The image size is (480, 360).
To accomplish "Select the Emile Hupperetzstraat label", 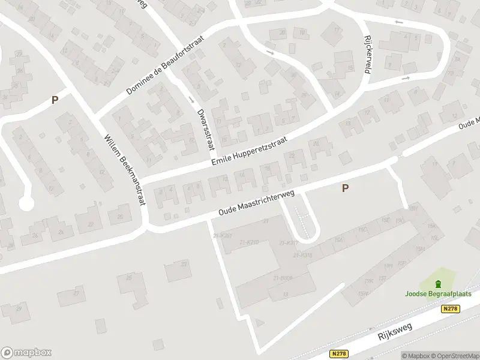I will point(249,151).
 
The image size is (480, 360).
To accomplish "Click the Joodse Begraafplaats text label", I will point(438,293).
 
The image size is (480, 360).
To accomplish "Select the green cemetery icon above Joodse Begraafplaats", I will point(438,283).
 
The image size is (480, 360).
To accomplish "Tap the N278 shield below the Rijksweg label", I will point(339,354).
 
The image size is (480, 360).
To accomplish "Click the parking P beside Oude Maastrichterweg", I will point(345,188).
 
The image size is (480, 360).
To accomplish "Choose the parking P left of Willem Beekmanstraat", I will point(55,101).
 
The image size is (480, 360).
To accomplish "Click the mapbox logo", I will point(26,352).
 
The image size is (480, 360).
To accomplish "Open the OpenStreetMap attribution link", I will point(455,356).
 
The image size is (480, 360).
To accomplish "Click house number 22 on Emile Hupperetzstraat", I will point(292,156).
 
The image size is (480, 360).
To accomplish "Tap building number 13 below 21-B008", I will point(286,293).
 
